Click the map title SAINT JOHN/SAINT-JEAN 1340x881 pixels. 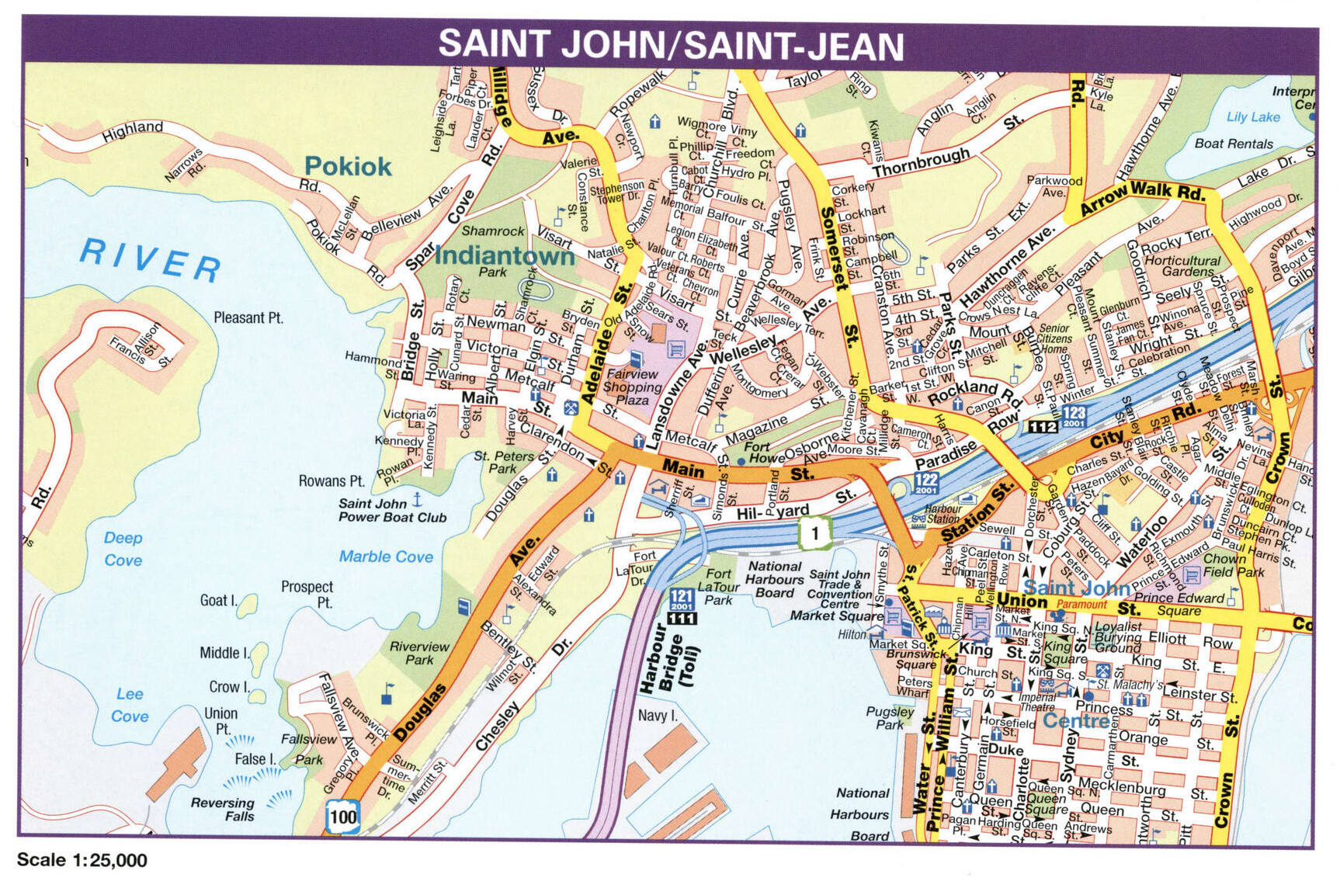(x=671, y=44)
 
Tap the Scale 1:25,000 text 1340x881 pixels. (x=82, y=860)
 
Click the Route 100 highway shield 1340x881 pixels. (x=342, y=817)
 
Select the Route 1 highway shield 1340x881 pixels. (x=814, y=532)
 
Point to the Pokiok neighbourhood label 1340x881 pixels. (x=348, y=166)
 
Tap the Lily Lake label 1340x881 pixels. (x=1253, y=116)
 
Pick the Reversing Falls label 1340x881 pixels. (x=223, y=809)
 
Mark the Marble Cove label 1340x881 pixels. (x=386, y=557)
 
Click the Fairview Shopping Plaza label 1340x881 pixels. (x=632, y=387)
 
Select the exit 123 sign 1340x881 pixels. (x=1074, y=416)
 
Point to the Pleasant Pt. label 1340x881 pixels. (x=248, y=317)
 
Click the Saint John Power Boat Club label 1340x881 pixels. (x=392, y=510)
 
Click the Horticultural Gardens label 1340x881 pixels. (x=1182, y=265)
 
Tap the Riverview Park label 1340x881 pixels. (x=419, y=653)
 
